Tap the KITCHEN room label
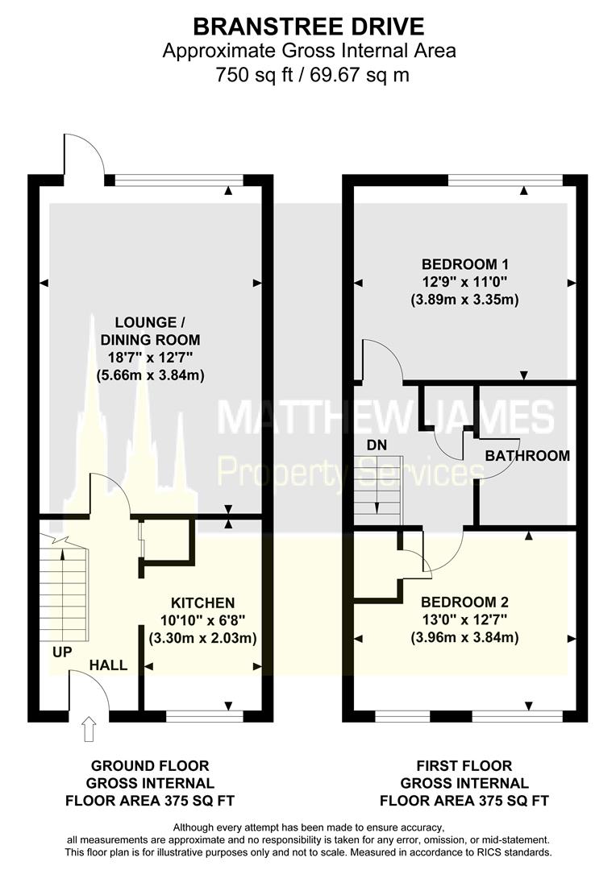(x=202, y=603)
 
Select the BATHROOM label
(x=527, y=456)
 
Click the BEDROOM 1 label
(x=465, y=264)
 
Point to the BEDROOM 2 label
(x=465, y=602)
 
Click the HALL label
(x=108, y=665)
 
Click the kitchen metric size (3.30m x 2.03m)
(x=203, y=639)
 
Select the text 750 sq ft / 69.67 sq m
(x=309, y=76)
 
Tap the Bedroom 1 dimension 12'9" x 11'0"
(x=465, y=282)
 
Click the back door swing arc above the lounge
(x=85, y=154)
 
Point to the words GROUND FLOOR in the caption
(x=150, y=765)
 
